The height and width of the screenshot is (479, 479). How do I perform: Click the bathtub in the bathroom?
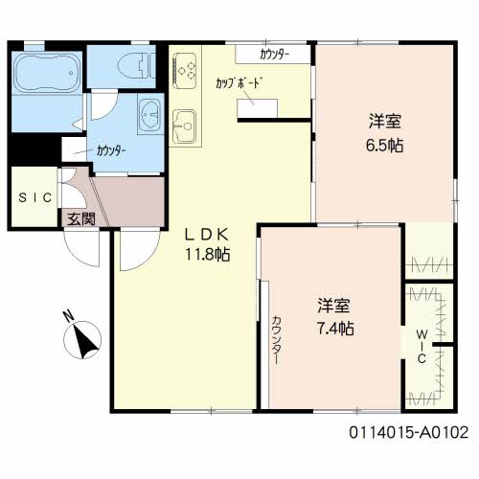pos(47,73)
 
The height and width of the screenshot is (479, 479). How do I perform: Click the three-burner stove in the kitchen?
pos(185,70)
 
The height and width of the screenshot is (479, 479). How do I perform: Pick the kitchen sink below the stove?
pos(184,126)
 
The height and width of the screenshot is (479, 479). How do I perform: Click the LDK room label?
pos(207,235)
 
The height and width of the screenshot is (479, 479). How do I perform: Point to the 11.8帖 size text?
pos(208,255)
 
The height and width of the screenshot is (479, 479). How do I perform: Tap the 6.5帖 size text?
pos(384,146)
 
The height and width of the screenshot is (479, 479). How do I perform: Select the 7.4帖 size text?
pos(335,328)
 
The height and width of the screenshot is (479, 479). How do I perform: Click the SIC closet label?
pos(35,197)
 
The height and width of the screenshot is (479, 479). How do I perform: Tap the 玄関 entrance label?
pos(81,219)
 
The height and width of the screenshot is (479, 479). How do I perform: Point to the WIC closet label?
pos(422,347)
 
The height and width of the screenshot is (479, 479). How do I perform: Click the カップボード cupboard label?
pos(237,82)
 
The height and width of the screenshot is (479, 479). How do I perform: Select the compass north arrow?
pos(84,341)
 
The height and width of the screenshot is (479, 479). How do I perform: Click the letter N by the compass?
pos(68,316)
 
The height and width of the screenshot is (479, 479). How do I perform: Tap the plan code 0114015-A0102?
pos(409,433)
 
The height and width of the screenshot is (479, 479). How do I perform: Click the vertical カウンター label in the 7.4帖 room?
pos(277,340)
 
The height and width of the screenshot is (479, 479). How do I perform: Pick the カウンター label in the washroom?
pos(111,150)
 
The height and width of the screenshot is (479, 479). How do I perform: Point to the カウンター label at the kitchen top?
pos(275,55)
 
